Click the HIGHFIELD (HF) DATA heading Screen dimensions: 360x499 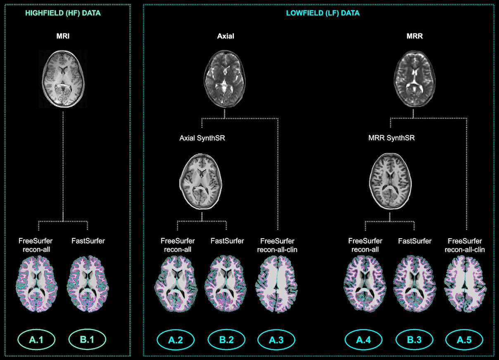[63, 13]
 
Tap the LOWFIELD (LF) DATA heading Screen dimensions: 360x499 [323, 13]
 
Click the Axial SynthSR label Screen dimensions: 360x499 [202, 138]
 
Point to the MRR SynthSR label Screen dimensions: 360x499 [391, 138]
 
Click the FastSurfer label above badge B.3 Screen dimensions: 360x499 [414, 241]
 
